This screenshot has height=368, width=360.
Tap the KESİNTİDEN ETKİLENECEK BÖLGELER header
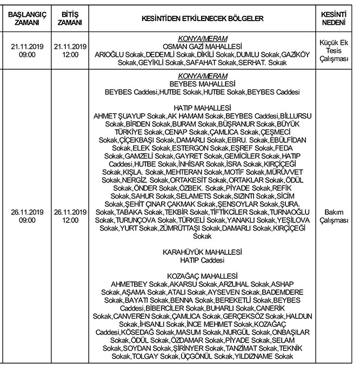(x=202, y=18)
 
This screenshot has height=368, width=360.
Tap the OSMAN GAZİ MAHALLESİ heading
(x=202, y=47)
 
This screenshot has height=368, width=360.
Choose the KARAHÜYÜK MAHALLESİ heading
(x=202, y=252)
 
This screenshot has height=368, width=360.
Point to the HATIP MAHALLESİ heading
(x=202, y=108)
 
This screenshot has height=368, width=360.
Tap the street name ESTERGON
(x=189, y=148)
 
